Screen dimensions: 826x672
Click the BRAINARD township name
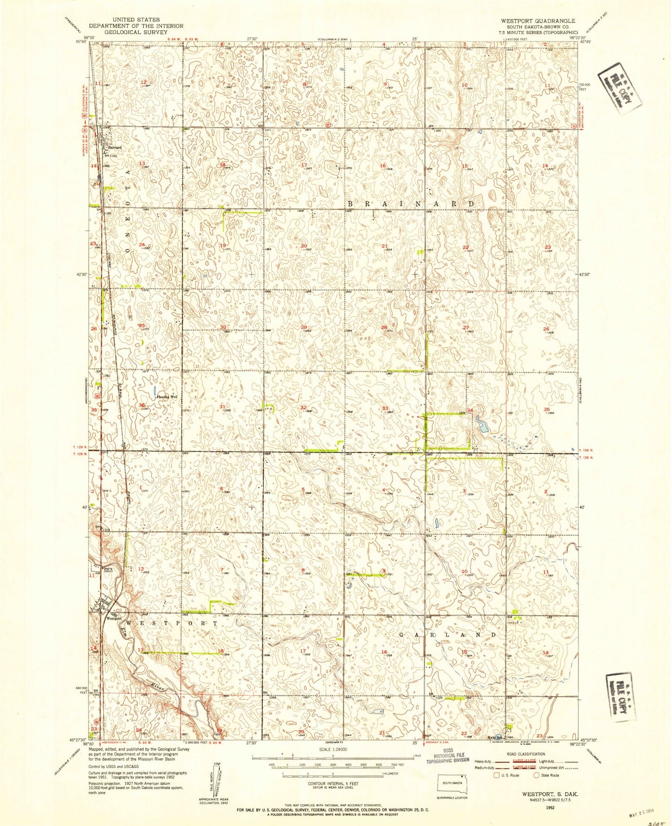(411, 204)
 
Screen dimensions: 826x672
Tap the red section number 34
(470, 410)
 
